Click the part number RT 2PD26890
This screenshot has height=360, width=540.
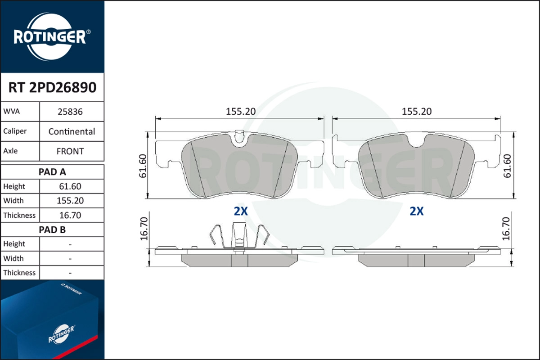coord(52,87)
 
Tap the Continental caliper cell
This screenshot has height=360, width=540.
coord(72,131)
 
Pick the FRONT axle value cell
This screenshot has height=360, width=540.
coord(70,151)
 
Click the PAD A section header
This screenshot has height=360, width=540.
coord(52,171)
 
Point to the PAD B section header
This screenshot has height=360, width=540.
coord(52,229)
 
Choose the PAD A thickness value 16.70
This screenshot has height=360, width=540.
coord(70,215)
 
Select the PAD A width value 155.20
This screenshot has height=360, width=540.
coord(70,201)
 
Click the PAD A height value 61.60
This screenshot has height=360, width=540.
coord(70,186)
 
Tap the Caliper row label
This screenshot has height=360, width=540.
coord(15,131)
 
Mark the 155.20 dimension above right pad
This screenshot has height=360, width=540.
coord(416,112)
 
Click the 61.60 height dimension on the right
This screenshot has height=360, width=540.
coord(507,166)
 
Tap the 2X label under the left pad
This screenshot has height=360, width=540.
coord(241,211)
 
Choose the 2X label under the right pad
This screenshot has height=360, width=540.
coord(417,211)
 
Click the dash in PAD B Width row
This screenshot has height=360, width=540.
coord(70,259)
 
